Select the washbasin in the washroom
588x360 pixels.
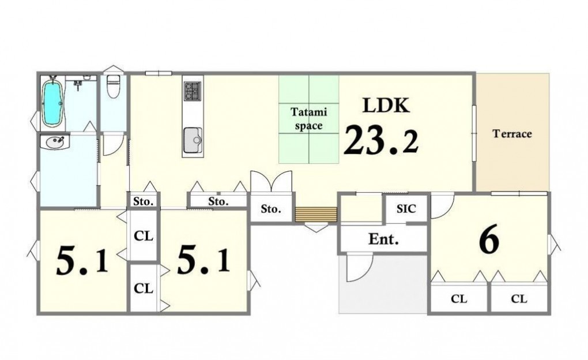click(55, 142)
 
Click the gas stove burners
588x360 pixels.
click(193, 91)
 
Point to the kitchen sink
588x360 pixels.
click(193, 140)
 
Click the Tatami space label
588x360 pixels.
click(308, 119)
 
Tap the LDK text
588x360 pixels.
click(386, 106)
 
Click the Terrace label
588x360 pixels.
click(512, 134)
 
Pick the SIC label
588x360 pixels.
click(406, 209)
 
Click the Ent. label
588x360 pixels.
click(383, 239)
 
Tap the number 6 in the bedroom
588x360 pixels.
click(489, 239)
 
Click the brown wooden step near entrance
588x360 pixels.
click(316, 215)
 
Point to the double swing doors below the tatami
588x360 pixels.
click(271, 182)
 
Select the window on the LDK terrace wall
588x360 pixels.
click(474, 133)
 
